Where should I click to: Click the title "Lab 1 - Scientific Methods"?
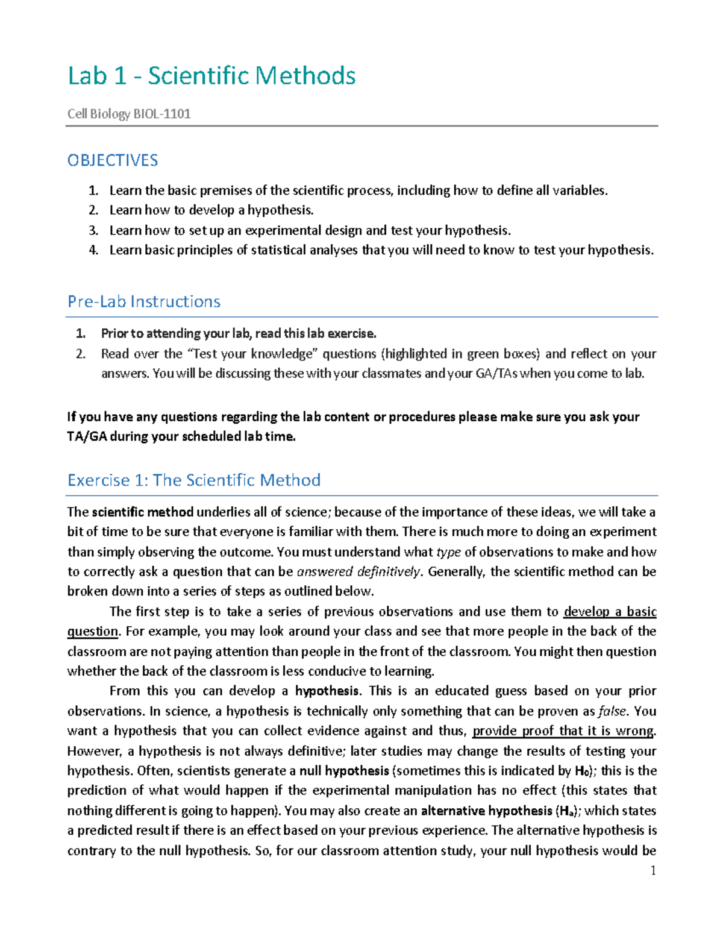click(211, 76)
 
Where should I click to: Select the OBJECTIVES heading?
click(113, 160)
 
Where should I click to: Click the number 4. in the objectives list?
click(93, 250)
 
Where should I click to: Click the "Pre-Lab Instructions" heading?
click(144, 301)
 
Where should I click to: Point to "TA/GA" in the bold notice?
click(87, 437)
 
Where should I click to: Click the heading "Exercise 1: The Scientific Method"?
click(194, 480)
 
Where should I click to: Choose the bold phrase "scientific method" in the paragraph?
click(143, 512)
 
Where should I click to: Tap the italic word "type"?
click(448, 552)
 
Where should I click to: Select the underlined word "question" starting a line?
click(92, 632)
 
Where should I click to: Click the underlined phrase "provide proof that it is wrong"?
click(563, 731)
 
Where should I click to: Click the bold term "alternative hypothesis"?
click(486, 811)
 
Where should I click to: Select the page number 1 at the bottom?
click(653, 870)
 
